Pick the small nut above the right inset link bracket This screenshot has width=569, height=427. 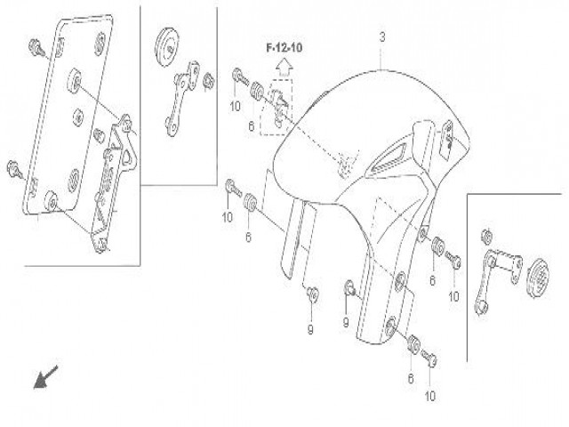[486, 237]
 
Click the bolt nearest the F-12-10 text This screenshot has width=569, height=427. [237, 78]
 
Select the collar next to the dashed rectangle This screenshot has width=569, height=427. [253, 90]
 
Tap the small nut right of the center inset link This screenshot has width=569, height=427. [207, 81]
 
